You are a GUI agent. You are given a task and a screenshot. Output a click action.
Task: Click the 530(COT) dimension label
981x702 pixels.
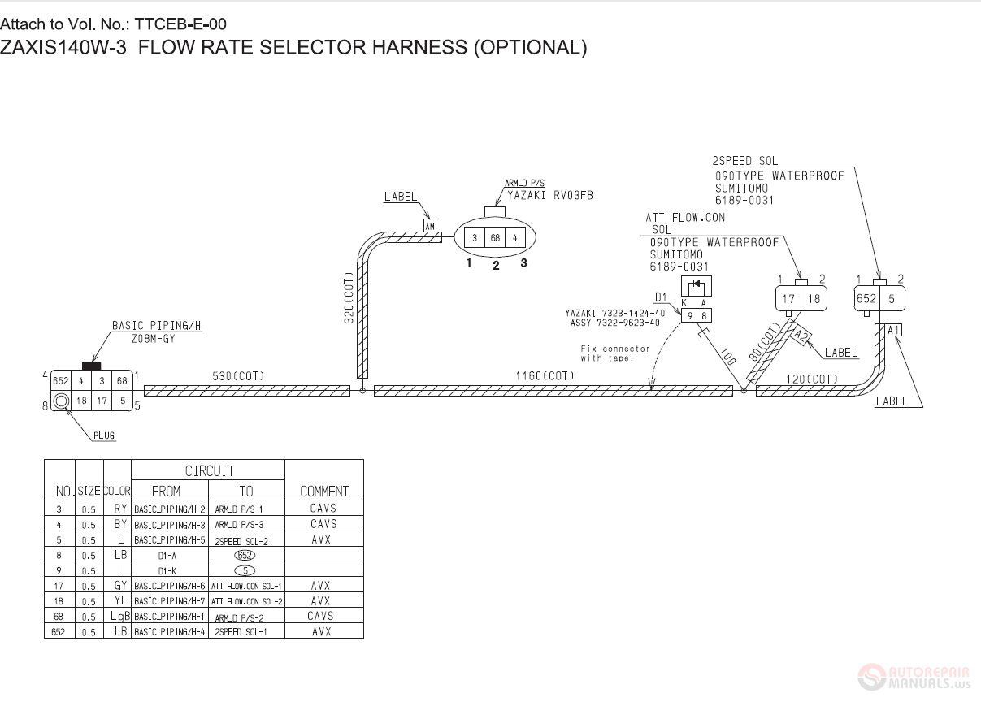[238, 376]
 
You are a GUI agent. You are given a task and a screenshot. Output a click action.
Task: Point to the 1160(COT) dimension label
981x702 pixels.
[545, 375]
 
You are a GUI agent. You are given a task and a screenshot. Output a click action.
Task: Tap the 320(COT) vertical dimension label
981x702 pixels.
[349, 298]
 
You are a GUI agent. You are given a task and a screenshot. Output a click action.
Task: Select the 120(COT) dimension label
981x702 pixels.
[812, 379]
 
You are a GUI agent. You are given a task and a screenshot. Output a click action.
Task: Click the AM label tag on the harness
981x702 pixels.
[430, 226]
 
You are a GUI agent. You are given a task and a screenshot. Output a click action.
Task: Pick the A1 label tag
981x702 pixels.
[893, 330]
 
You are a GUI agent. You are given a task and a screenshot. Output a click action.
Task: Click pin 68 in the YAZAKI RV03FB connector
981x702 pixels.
[495, 238]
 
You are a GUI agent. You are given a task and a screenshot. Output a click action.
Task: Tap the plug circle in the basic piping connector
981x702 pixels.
[61, 401]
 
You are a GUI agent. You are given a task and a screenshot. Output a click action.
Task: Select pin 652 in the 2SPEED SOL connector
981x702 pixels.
[866, 299]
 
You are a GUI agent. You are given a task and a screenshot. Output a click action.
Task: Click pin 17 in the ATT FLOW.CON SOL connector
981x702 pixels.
[788, 299]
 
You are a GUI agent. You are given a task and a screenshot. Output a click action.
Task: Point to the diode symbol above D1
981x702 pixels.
[697, 286]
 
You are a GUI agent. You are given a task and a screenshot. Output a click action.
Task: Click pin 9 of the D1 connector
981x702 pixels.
[689, 315]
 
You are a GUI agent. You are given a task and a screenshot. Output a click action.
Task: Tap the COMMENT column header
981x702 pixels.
[324, 492]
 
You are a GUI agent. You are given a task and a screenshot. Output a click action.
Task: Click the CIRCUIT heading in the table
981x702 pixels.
[210, 470]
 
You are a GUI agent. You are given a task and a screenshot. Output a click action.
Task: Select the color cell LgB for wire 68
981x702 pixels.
[120, 616]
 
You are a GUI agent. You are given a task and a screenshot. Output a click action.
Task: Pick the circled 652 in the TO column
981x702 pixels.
[245, 555]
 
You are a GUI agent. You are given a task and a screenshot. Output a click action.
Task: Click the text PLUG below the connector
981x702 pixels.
[104, 435]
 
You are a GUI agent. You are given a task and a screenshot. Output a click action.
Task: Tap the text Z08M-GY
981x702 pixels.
[154, 339]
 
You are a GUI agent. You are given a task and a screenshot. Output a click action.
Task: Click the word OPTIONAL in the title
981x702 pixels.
[531, 47]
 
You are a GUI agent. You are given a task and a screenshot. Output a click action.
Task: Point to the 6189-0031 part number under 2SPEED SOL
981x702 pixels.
[744, 200]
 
